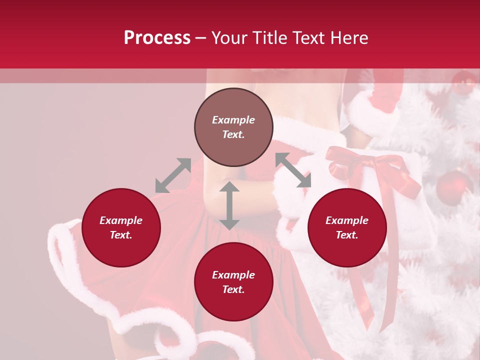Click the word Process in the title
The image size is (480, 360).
click(x=157, y=37)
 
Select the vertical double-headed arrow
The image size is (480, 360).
click(x=229, y=205)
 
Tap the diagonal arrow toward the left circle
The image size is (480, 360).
click(x=173, y=175)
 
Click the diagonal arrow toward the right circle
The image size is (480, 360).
click(x=293, y=170)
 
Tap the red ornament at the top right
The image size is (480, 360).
click(x=464, y=82)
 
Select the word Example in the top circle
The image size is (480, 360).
click(x=233, y=120)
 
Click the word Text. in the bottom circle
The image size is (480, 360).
click(x=233, y=289)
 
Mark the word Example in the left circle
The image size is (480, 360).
click(x=121, y=220)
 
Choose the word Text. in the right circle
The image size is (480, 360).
click(x=347, y=235)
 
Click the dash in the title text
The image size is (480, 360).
click(x=200, y=37)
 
